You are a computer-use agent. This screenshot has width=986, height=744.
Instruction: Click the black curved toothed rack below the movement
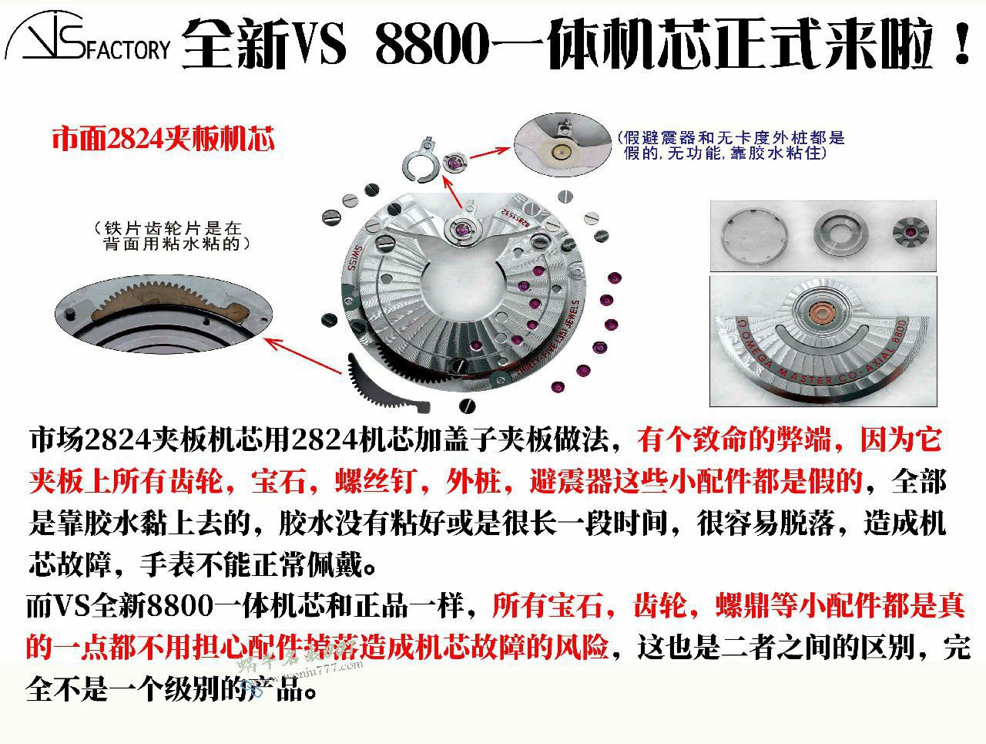pos(386,385)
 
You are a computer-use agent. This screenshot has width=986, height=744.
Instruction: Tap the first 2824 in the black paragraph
pos(115,440)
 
